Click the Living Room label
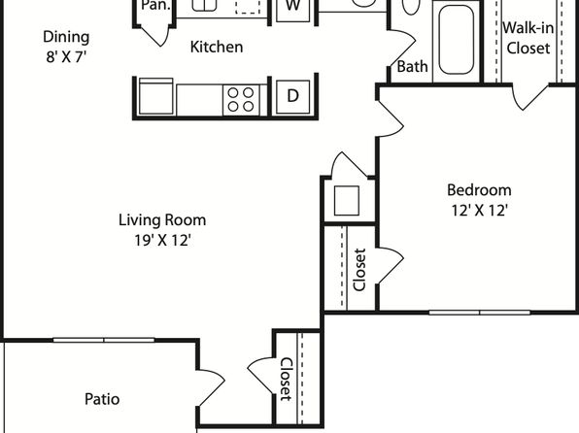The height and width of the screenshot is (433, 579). pos(162,220)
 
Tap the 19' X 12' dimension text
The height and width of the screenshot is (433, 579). pos(162,241)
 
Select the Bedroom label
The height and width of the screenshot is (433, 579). pos(479,190)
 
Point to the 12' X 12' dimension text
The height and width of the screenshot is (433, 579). pos(480,211)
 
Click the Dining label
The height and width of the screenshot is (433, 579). pos(66,37)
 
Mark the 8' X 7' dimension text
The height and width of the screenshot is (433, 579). pos(66,57)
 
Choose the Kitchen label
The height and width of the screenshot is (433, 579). pos(217,47)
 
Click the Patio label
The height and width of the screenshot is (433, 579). pos(102,399)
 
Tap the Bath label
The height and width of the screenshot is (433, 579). pos(412,67)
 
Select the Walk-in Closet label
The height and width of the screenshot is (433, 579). pos(528,38)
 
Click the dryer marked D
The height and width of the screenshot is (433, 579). pos(292,97)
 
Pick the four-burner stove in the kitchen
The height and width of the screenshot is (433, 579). pos(241,100)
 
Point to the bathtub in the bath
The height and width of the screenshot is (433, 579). pos(456,40)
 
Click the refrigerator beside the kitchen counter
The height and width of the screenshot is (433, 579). pos(156,96)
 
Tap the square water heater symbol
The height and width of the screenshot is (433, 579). pos(347,200)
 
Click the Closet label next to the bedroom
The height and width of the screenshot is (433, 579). pos(359,270)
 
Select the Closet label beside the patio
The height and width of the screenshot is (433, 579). pos(286,379)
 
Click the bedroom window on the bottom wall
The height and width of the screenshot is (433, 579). pos(479,313)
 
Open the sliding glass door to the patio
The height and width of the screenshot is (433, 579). pos(104,340)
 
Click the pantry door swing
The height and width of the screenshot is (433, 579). pos(155,36)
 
